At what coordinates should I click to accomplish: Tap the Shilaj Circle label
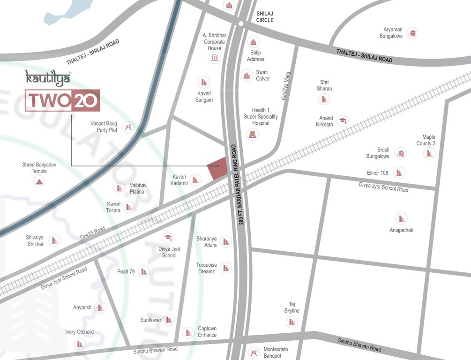[265, 17]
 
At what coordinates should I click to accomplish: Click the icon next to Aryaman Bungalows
[412, 33]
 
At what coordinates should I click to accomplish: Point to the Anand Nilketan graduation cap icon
[343, 121]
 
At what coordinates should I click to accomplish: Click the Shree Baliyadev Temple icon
[39, 181]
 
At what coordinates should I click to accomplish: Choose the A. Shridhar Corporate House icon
[215, 58]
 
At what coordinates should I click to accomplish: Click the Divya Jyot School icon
[167, 238]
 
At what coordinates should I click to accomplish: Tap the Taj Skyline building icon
[292, 322]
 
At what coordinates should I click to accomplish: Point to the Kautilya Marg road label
[285, 85]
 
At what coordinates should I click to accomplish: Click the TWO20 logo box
[62, 100]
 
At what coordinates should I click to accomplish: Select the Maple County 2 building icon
[429, 153]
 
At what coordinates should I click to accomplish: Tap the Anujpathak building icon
[401, 218]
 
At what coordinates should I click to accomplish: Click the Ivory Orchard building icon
[81, 344]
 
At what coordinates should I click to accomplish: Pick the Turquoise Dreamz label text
[206, 268]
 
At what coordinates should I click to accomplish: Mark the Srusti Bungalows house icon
[400, 153]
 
